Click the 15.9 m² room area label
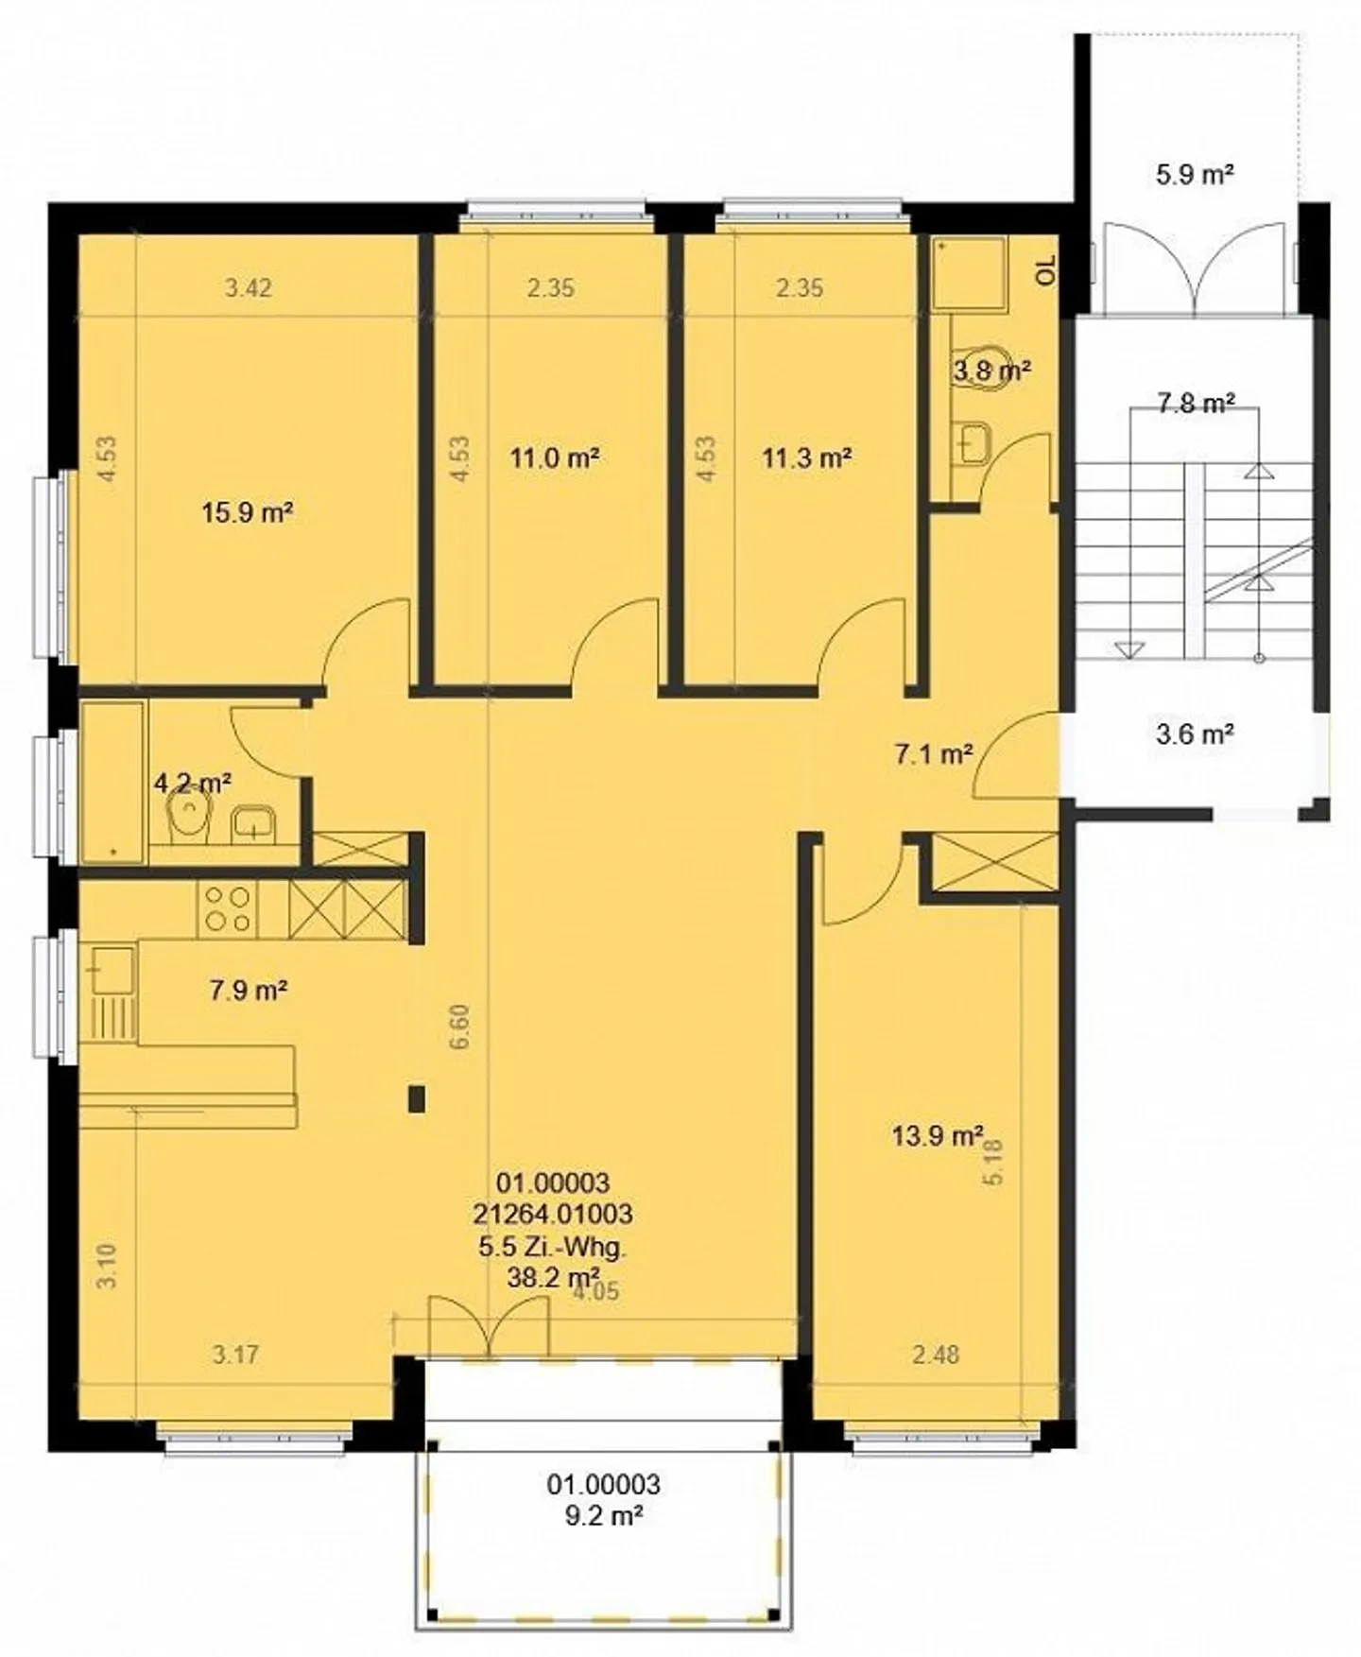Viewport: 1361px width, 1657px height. (247, 513)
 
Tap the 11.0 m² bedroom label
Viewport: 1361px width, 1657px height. (555, 458)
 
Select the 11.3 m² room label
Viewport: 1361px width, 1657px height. (807, 458)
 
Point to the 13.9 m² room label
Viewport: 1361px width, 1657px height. (938, 1135)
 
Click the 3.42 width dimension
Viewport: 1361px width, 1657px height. (249, 287)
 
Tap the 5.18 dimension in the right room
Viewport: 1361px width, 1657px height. (994, 1162)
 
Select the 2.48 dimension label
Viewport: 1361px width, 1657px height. (936, 1355)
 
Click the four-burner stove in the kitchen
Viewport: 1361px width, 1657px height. (228, 908)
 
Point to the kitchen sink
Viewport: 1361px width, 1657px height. (112, 971)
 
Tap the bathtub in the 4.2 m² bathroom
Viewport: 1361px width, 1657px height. (113, 782)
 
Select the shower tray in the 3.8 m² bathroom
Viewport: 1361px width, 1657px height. (969, 273)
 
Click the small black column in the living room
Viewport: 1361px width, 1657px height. (416, 1098)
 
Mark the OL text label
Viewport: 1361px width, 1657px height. (1045, 271)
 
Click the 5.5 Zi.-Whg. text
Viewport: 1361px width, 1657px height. (553, 1247)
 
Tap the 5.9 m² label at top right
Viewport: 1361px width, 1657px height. (1195, 174)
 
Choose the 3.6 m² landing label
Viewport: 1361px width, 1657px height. (1195, 734)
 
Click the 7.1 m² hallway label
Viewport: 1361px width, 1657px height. (934, 753)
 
